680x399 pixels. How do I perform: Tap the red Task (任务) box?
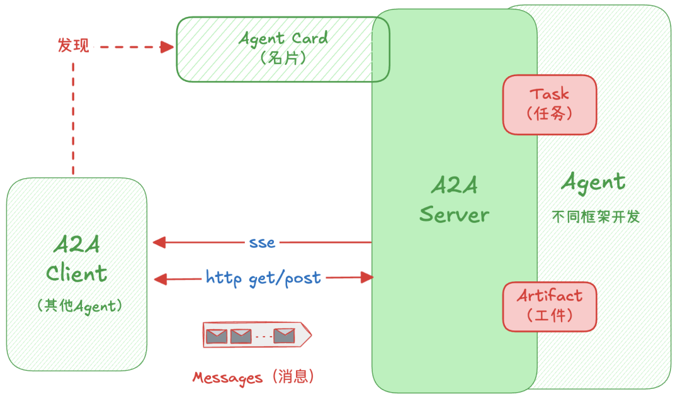(549, 104)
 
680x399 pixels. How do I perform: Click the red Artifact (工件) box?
(549, 306)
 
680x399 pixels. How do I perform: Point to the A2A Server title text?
(454, 200)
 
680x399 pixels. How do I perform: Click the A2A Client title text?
(77, 259)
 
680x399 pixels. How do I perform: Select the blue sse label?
(262, 242)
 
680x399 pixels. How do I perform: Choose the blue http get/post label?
(263, 277)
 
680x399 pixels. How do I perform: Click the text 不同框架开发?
(596, 217)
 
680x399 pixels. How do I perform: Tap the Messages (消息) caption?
(254, 377)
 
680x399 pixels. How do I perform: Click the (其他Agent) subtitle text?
(79, 306)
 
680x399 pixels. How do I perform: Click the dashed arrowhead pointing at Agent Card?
(167, 47)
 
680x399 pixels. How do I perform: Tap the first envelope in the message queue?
(217, 335)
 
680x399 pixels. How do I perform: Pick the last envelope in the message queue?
(284, 335)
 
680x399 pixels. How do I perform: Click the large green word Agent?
(593, 183)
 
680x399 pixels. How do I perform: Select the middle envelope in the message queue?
(241, 336)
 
